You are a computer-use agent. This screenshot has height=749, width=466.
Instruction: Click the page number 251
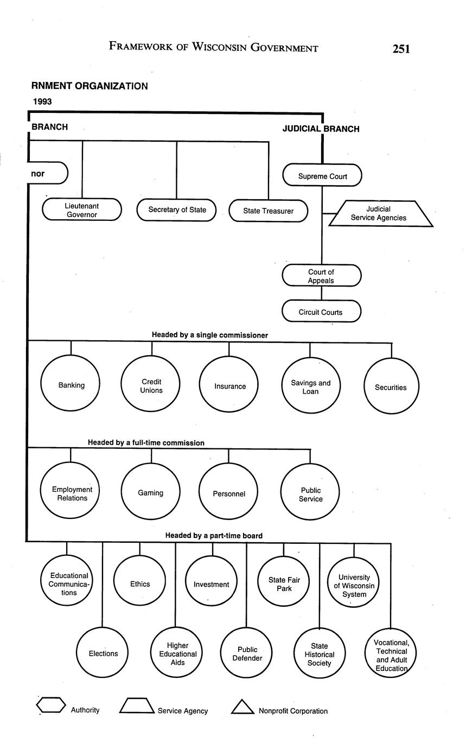[x=401, y=49]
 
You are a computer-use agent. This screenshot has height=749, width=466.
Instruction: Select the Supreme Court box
[x=322, y=176]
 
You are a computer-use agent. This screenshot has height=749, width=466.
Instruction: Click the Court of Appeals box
[x=321, y=276]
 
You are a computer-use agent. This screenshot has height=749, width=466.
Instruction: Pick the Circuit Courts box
[x=321, y=312]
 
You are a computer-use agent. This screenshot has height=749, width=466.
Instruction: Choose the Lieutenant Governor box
[x=82, y=210]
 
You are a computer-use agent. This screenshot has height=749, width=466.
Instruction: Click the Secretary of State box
[x=177, y=210]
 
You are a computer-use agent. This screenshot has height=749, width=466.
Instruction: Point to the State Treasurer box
[x=268, y=211]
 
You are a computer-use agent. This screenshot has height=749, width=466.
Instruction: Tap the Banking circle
[x=71, y=385]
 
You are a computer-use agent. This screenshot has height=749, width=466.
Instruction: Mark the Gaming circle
[x=150, y=493]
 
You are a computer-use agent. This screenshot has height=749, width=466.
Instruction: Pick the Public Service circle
[x=310, y=494]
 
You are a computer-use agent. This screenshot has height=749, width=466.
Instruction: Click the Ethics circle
[x=140, y=584]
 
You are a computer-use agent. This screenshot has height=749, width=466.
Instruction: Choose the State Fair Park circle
[x=284, y=584]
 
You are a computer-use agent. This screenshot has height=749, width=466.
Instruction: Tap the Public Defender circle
[x=247, y=653]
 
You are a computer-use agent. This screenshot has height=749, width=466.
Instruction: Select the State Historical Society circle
[x=319, y=654]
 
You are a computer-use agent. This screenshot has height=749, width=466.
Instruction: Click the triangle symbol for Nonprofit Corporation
[x=242, y=707]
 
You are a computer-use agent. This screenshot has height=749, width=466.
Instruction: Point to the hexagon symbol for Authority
[x=51, y=706]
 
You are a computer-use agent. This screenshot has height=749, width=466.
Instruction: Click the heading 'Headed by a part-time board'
[x=214, y=536]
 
